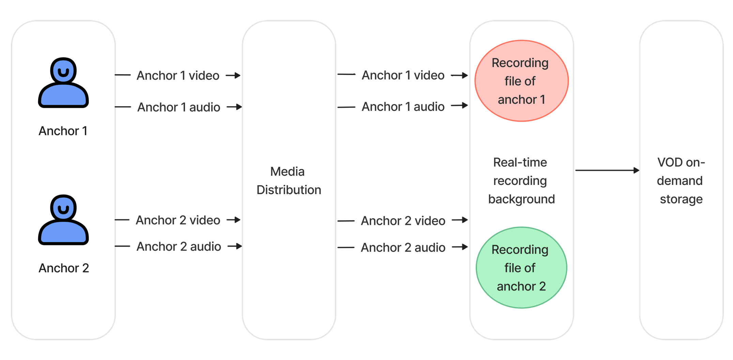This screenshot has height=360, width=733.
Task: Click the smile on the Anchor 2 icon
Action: [x=63, y=209]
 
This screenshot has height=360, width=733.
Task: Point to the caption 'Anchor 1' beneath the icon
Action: [x=63, y=131]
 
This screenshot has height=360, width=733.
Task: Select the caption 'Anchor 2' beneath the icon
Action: [x=64, y=268]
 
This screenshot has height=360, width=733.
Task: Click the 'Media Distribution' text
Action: [x=289, y=181]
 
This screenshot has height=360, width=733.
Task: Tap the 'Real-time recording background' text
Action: [x=521, y=181]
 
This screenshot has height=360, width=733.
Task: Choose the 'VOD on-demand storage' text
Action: [x=681, y=181]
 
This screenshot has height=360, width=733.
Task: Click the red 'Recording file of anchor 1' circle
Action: [x=521, y=81]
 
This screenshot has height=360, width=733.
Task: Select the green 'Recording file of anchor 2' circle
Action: [x=521, y=268]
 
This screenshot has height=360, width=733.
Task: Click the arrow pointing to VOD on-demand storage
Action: [x=607, y=170]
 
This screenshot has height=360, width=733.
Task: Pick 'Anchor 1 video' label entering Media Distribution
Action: [x=178, y=75]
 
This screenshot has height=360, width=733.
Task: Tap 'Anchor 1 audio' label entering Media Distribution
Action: [x=179, y=107]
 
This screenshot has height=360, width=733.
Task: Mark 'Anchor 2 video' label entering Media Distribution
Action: [x=178, y=220]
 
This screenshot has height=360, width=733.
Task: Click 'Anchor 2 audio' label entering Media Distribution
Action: [x=179, y=246]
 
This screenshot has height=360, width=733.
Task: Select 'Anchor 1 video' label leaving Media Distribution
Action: [x=403, y=75]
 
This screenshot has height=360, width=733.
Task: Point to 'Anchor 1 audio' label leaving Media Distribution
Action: [x=403, y=107]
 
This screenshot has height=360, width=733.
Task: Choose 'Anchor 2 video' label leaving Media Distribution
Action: [x=403, y=221]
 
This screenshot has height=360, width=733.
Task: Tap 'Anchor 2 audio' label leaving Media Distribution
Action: [x=403, y=247]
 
